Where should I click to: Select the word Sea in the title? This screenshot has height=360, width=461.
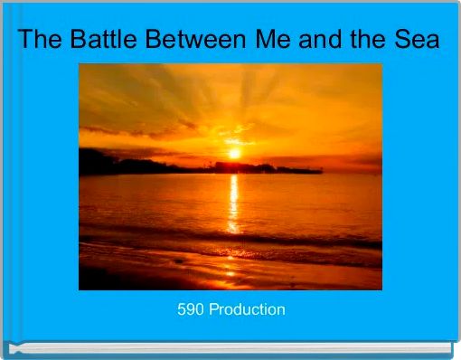click(x=419, y=41)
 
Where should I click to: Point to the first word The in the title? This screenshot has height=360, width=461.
click(x=38, y=41)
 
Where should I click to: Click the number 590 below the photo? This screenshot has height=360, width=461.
click(x=191, y=309)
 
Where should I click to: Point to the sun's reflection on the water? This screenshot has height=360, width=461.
click(x=233, y=204)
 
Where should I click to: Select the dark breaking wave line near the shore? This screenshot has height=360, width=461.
click(x=226, y=239)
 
